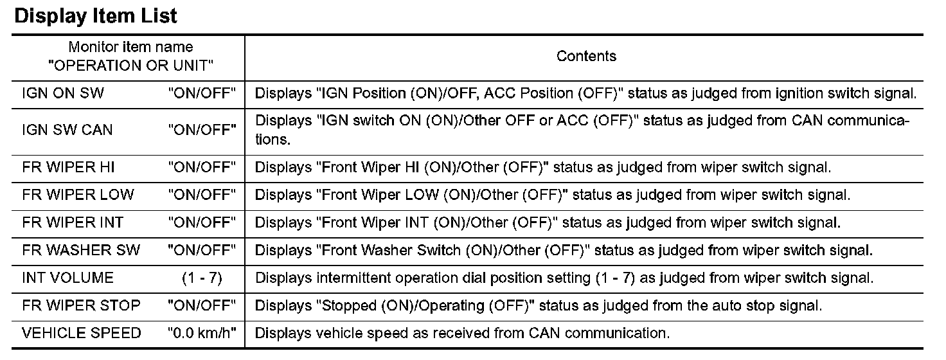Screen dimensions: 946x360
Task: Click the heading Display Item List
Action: click(x=96, y=15)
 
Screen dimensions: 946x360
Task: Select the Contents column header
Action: click(x=586, y=56)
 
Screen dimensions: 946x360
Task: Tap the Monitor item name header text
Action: click(x=130, y=47)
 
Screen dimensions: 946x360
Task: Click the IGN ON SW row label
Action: click(x=63, y=93)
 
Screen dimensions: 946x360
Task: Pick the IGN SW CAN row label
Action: click(x=67, y=130)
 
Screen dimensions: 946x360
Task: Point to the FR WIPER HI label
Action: click(x=69, y=168)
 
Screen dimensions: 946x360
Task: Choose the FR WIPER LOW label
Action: click(x=78, y=195)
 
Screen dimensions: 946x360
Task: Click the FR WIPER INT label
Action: click(x=73, y=222)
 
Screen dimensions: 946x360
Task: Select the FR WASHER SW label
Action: click(x=81, y=250)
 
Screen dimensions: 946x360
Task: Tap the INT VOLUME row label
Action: click(x=67, y=278)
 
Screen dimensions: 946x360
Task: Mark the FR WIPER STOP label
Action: click(x=81, y=305)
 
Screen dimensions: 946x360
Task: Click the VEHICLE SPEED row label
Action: click(x=81, y=333)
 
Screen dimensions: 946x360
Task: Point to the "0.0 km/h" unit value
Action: click(x=202, y=333)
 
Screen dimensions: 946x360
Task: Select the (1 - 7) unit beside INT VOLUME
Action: click(x=202, y=278)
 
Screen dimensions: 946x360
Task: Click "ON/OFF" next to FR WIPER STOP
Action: click(x=202, y=305)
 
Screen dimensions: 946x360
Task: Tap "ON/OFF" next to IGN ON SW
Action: click(x=202, y=93)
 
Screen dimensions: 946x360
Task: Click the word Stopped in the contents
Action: click(x=351, y=305)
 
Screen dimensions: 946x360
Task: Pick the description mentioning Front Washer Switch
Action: click(x=564, y=250)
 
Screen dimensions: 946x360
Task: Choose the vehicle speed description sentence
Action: click(x=462, y=333)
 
